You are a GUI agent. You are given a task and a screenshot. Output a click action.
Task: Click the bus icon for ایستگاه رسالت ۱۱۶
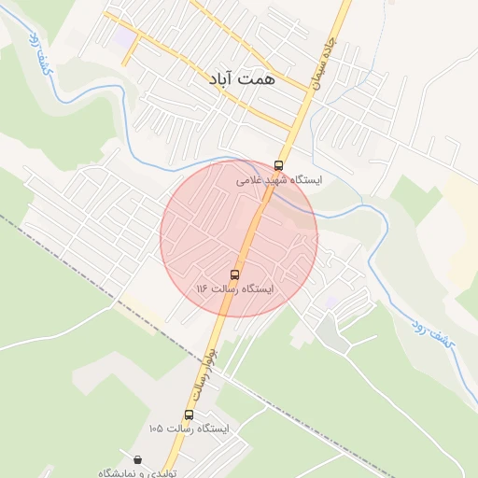[x=233, y=274]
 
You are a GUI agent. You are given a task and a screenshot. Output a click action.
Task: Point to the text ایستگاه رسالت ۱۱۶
[x=235, y=289]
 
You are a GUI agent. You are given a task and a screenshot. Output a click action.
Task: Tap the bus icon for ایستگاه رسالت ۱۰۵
[x=189, y=415]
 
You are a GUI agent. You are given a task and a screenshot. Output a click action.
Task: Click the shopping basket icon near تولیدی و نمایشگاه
[x=138, y=459]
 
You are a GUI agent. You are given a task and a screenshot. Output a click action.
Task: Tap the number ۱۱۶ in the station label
[x=201, y=289]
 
